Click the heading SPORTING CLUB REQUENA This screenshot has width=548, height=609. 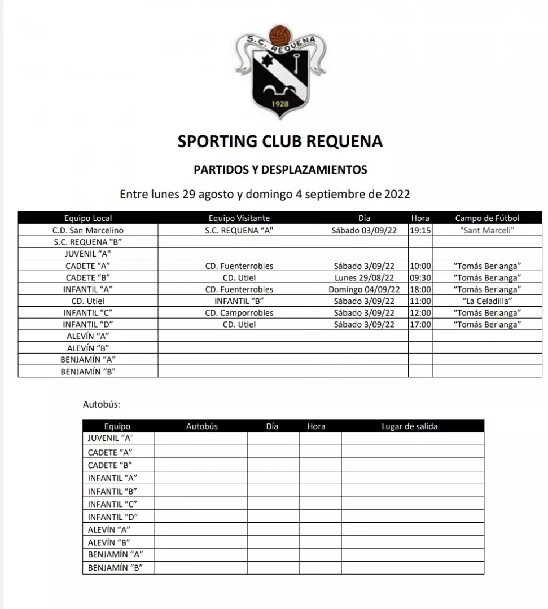(x=280, y=141)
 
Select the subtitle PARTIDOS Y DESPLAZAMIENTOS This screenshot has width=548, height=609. (x=280, y=169)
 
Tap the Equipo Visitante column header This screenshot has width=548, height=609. (x=239, y=218)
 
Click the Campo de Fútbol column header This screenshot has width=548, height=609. (x=487, y=218)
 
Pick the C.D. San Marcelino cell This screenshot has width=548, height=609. (x=88, y=230)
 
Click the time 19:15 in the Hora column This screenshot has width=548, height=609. (x=420, y=230)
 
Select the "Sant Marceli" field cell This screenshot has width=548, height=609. (x=487, y=230)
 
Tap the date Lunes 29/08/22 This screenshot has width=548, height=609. (x=364, y=277)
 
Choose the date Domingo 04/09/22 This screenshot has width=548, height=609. (x=364, y=289)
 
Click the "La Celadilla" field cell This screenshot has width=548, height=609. (x=487, y=301)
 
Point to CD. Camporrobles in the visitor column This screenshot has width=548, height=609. (x=239, y=313)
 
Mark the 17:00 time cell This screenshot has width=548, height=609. (x=420, y=325)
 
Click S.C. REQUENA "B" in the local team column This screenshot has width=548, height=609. (x=88, y=242)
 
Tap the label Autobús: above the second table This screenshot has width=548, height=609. (x=102, y=404)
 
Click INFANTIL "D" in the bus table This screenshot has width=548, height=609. (x=113, y=517)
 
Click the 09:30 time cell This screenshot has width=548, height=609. (x=420, y=277)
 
